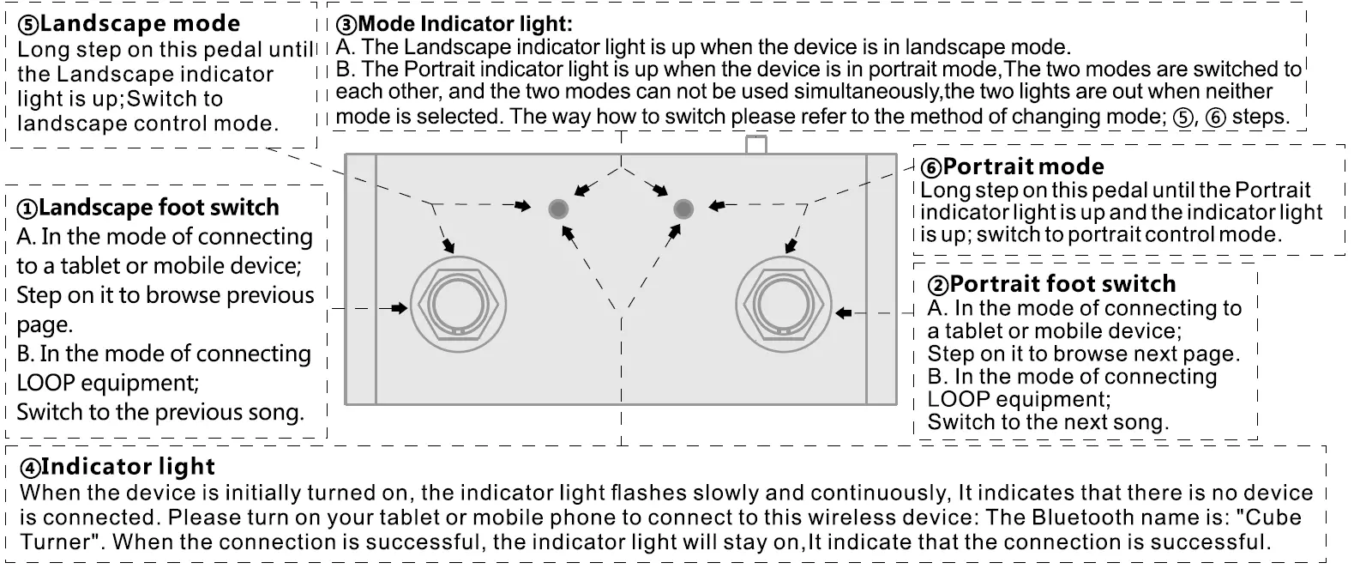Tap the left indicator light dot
pyautogui.click(x=558, y=208)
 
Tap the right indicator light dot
pyautogui.click(x=683, y=208)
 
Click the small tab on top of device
pyautogui.click(x=755, y=144)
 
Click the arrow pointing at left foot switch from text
pyautogui.click(x=398, y=308)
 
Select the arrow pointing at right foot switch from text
pyautogui.click(x=844, y=313)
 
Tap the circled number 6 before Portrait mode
pyautogui.click(x=930, y=167)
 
